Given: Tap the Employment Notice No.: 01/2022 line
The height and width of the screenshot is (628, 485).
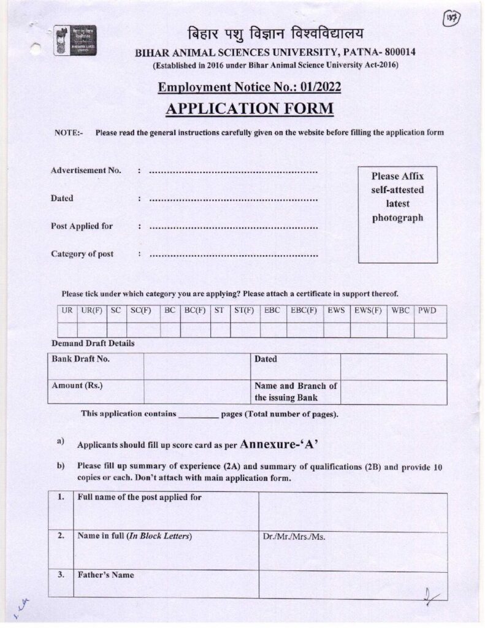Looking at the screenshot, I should point(250,88).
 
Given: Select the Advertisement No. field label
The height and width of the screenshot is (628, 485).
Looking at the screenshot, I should point(86,170).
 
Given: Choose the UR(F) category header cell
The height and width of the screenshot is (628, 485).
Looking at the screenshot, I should point(91,311).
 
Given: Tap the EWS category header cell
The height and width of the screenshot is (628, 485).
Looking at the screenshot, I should point(336,311).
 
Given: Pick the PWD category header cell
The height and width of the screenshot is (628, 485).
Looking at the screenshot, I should point(427,311).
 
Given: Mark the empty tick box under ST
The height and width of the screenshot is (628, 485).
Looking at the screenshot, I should point(220,330).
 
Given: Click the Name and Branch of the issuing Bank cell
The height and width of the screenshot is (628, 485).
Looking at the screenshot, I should point(296,392).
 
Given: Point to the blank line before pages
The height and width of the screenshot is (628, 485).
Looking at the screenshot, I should point(198,415).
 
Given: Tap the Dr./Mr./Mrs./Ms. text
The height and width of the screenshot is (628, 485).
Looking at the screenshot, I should point(294,537).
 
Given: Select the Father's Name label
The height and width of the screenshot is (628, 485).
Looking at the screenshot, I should point(105,575).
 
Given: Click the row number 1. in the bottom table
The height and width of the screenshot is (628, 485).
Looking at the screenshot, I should point(61,497).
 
